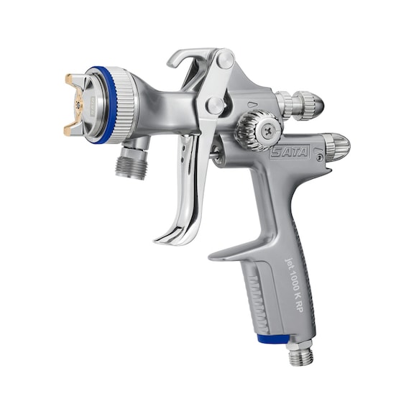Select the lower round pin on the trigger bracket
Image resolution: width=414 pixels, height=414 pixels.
211,105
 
